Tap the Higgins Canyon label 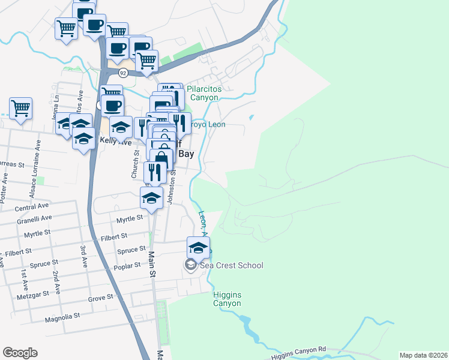click(x=228, y=299)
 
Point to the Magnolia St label click(x=62, y=317)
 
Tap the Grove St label click(x=100, y=298)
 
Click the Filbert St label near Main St click(x=115, y=238)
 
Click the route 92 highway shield click(x=123, y=73)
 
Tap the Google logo click(x=20, y=353)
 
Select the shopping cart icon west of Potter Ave click(x=20, y=109)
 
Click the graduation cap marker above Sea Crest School click(x=198, y=247)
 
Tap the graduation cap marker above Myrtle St click(x=152, y=198)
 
